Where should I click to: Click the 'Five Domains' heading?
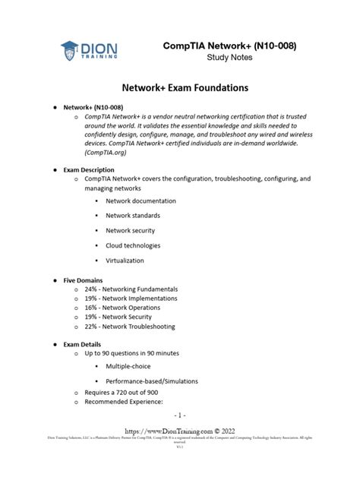click(83, 280)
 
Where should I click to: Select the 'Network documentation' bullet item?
click(141, 201)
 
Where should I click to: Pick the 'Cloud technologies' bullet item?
click(133, 245)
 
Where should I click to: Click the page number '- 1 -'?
click(179, 415)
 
